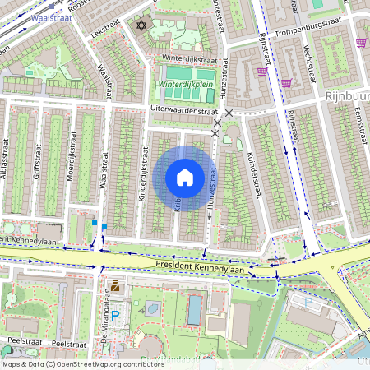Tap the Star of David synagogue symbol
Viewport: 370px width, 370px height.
[139, 26]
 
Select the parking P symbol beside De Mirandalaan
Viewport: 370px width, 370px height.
[115, 314]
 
